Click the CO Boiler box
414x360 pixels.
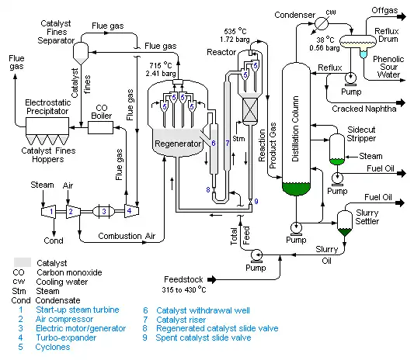(101, 128)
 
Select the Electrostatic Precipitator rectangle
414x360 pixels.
(47, 126)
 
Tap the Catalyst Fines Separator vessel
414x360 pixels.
(81, 53)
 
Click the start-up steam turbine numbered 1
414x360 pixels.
(49, 211)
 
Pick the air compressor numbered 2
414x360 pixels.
(73, 212)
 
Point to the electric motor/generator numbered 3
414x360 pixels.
(104, 211)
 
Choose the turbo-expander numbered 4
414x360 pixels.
(132, 211)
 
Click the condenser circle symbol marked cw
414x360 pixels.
(322, 24)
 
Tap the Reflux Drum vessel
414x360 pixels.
(358, 41)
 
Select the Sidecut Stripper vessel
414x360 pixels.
(337, 149)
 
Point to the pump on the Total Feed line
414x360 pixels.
(256, 256)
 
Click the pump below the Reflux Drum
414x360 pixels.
(350, 78)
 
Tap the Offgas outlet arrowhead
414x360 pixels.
(402, 16)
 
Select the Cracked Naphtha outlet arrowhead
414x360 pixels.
(402, 102)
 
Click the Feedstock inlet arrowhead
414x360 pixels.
(212, 279)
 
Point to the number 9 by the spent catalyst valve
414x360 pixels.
(256, 202)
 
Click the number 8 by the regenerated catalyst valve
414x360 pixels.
(208, 189)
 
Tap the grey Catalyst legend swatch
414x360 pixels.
(23, 262)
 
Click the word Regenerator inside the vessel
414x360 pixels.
(178, 144)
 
